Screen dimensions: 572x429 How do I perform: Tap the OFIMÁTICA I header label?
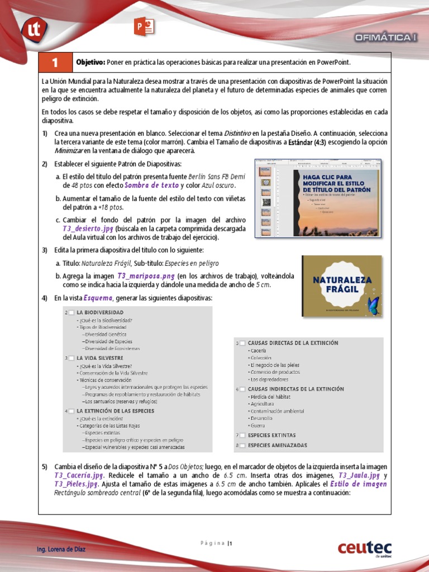point(386,37)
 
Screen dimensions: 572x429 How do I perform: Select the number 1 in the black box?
point(55,62)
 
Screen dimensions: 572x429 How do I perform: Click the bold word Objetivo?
point(90,62)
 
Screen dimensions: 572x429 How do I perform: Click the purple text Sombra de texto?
point(151,185)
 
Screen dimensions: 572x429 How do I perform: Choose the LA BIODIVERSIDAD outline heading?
point(100,312)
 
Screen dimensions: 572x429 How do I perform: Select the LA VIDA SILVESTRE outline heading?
point(100,357)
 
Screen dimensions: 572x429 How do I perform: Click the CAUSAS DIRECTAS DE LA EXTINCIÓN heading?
point(293,343)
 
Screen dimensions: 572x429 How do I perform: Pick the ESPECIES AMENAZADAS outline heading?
point(277,445)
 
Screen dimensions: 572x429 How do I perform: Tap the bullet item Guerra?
point(259,426)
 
